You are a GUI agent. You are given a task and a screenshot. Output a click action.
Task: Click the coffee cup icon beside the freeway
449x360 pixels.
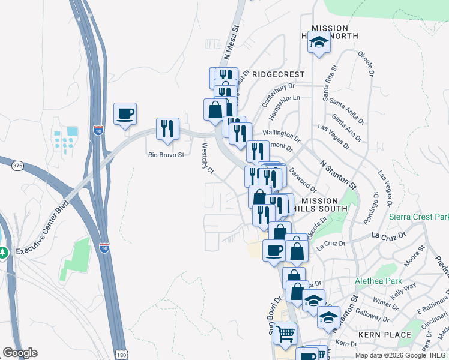[125, 113]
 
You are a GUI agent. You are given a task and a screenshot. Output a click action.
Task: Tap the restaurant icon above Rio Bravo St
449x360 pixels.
[167, 128]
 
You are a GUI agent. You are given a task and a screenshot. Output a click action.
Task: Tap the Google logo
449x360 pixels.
[20, 353]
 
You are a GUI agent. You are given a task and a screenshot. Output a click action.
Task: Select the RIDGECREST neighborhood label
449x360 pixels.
[278, 74]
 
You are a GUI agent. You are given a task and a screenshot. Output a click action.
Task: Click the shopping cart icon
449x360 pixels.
[285, 332]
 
